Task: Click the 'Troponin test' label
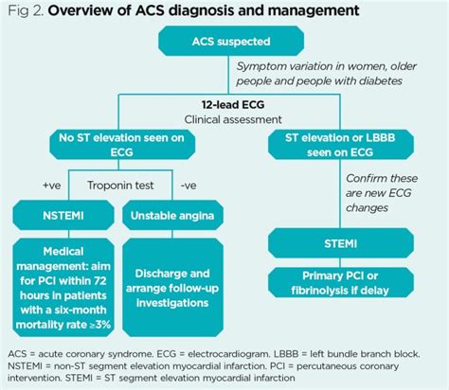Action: point(118,186)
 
